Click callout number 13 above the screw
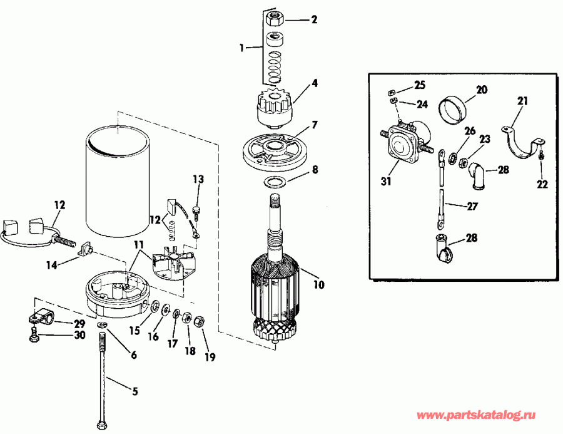point(198,180)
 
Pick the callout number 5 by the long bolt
point(134,391)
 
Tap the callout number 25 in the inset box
point(418,85)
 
